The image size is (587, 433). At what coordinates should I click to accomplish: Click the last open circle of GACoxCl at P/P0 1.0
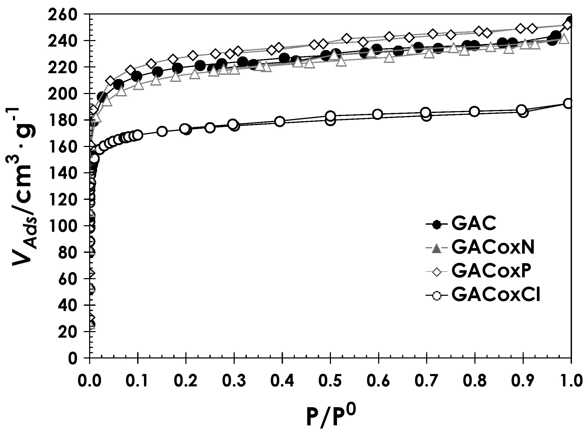[x=569, y=104]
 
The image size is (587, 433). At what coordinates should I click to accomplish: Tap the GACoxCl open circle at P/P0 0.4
[x=280, y=121]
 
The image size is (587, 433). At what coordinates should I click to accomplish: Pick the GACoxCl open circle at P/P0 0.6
[x=378, y=114]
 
